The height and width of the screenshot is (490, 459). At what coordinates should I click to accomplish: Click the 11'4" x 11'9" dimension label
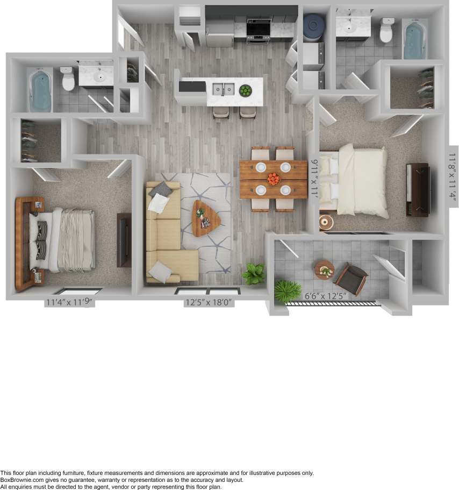(x=70, y=302)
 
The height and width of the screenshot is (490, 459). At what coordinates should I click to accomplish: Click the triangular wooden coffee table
(x=205, y=217)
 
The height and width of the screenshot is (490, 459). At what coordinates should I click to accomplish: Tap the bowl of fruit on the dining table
(x=274, y=179)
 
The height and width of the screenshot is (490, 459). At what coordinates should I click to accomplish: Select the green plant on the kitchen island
(x=245, y=90)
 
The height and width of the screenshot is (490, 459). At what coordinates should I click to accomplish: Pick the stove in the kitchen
(x=259, y=29)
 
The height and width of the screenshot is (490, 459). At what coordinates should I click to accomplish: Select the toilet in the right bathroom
(x=386, y=31)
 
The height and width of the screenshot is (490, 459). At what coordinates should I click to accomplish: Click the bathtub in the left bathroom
(x=40, y=89)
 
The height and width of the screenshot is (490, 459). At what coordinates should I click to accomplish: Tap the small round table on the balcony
(x=325, y=268)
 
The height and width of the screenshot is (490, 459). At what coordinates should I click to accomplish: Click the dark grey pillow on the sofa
(x=160, y=189)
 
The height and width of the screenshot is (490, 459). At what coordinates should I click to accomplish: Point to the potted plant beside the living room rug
(x=253, y=273)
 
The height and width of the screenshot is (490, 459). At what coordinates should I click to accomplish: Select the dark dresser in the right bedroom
(x=418, y=189)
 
